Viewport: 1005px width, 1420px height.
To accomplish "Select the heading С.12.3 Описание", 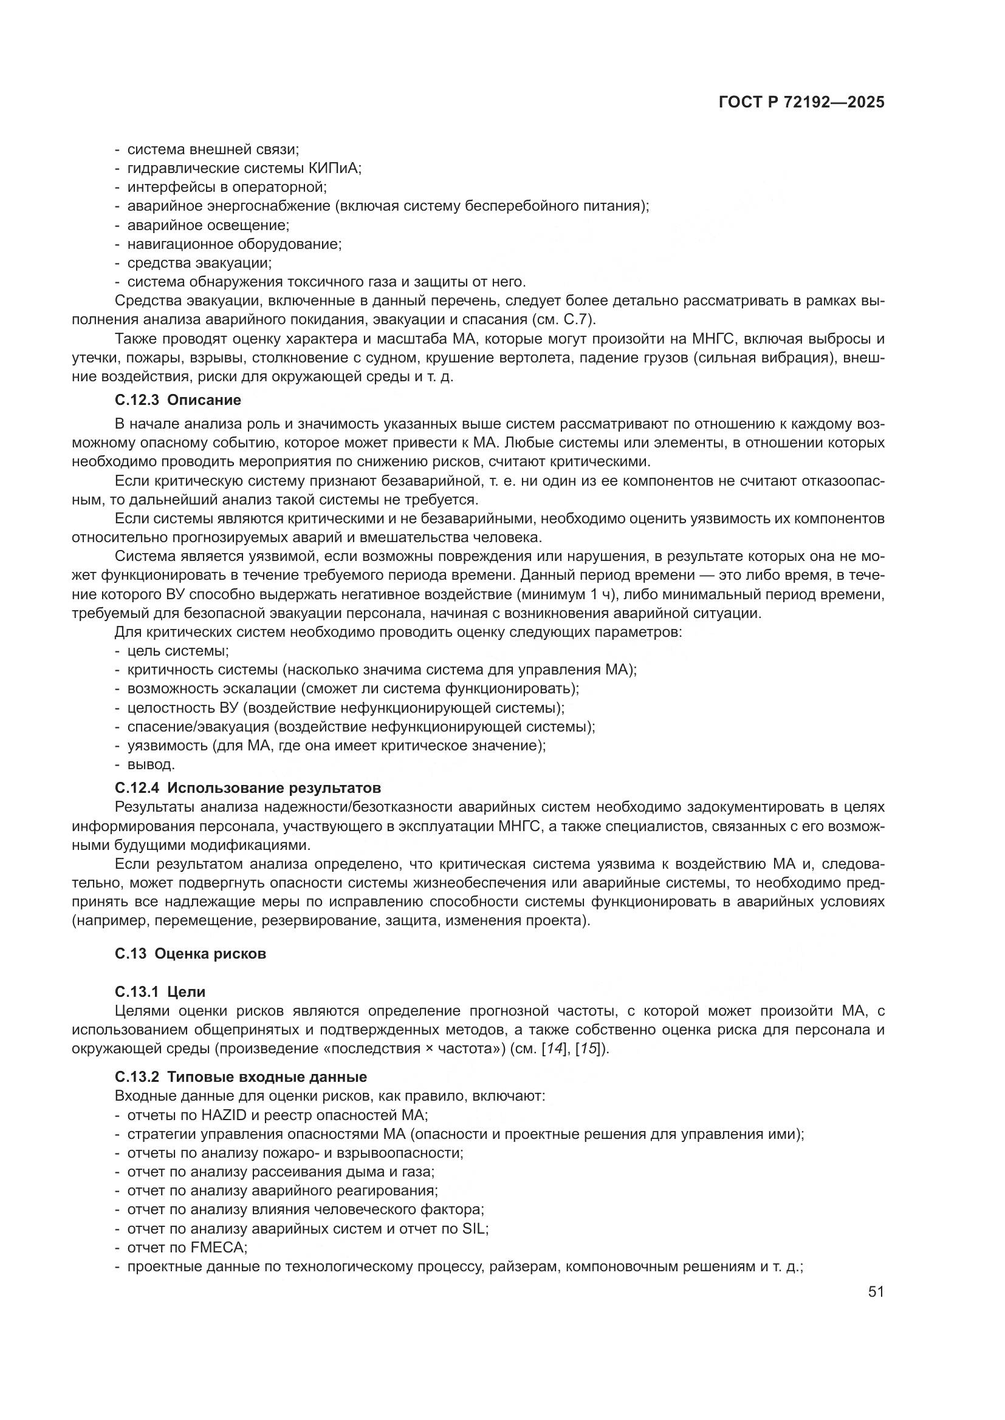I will tap(177, 400).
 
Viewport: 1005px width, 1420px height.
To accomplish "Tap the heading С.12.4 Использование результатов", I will tap(247, 788).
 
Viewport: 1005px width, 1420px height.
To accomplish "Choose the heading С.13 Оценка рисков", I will tap(190, 954).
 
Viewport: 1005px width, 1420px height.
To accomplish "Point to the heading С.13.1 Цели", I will tap(160, 992).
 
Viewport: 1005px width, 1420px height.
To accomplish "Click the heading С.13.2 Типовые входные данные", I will tap(240, 1077).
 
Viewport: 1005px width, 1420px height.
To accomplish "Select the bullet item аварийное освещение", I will tap(208, 225).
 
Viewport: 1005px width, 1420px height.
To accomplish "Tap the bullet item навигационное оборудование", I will tap(234, 243).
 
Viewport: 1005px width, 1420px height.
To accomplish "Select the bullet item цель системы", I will tap(177, 651).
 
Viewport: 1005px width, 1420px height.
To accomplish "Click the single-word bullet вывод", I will tap(151, 764).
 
